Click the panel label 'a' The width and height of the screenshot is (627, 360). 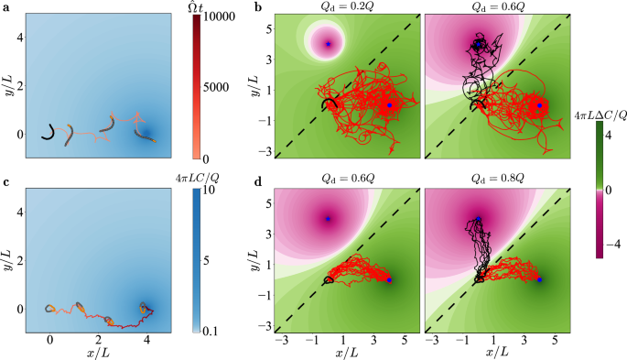click(5, 8)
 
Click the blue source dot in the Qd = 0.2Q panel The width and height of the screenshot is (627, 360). click(389, 105)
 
